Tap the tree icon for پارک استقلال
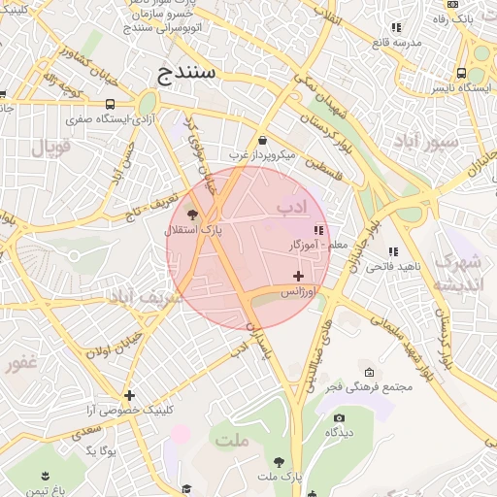click(192, 215)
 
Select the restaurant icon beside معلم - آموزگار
click(317, 230)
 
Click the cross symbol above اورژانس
click(298, 278)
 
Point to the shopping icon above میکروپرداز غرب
click(262, 140)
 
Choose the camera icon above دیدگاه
click(339, 417)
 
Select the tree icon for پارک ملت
click(280, 462)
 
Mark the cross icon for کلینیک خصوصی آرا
click(129, 395)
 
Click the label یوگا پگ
click(100, 450)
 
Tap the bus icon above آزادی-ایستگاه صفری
click(110, 104)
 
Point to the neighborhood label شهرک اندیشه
click(457, 273)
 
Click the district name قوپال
click(52, 149)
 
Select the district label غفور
click(20, 364)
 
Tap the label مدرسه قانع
click(395, 43)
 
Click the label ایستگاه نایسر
click(460, 87)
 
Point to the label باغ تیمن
click(45, 490)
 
